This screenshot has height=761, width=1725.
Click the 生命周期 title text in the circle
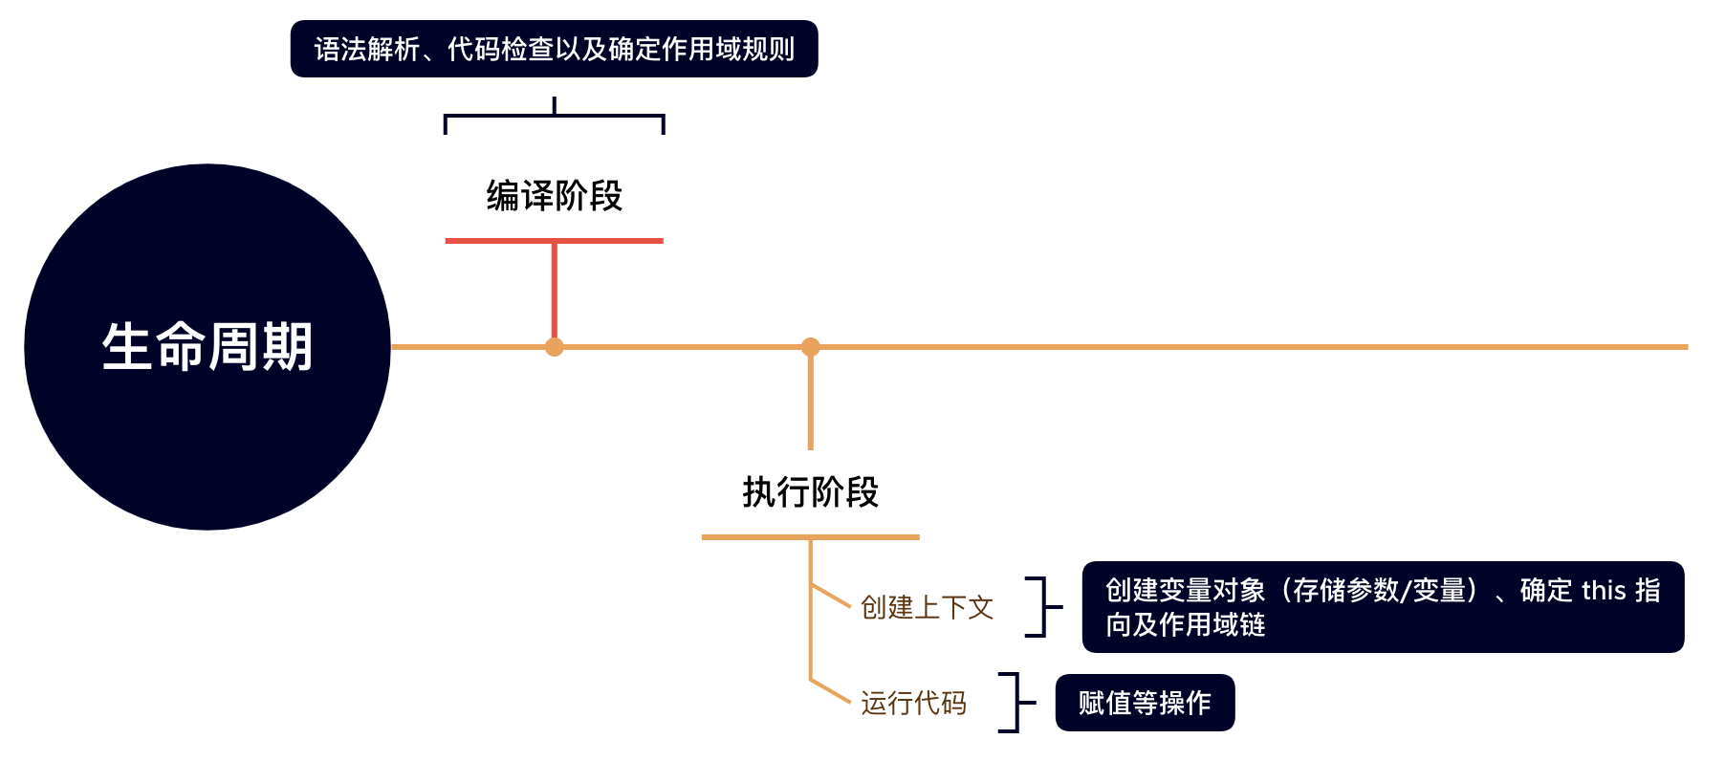(x=207, y=346)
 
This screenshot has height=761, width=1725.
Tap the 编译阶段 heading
(x=554, y=196)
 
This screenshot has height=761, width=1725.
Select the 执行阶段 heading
(x=810, y=492)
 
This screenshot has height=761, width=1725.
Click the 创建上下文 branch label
(x=927, y=607)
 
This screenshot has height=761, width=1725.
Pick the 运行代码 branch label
(x=913, y=703)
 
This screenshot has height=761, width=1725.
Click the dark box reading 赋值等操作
(x=1145, y=703)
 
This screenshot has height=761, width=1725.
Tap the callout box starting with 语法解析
(x=554, y=49)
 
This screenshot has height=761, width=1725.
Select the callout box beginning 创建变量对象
(x=1382, y=607)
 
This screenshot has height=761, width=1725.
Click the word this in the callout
(x=1604, y=591)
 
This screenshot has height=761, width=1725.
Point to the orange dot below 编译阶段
(x=554, y=347)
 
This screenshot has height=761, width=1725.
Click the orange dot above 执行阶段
(x=811, y=346)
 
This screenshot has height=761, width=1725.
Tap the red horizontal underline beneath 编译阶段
(x=554, y=241)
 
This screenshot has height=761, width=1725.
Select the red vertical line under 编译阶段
(x=554, y=292)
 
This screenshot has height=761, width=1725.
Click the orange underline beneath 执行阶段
(x=810, y=537)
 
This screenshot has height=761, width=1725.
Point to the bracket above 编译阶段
(x=554, y=117)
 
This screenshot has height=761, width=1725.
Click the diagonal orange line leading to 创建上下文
(x=830, y=595)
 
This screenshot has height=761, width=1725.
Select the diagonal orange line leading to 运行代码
(x=830, y=690)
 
